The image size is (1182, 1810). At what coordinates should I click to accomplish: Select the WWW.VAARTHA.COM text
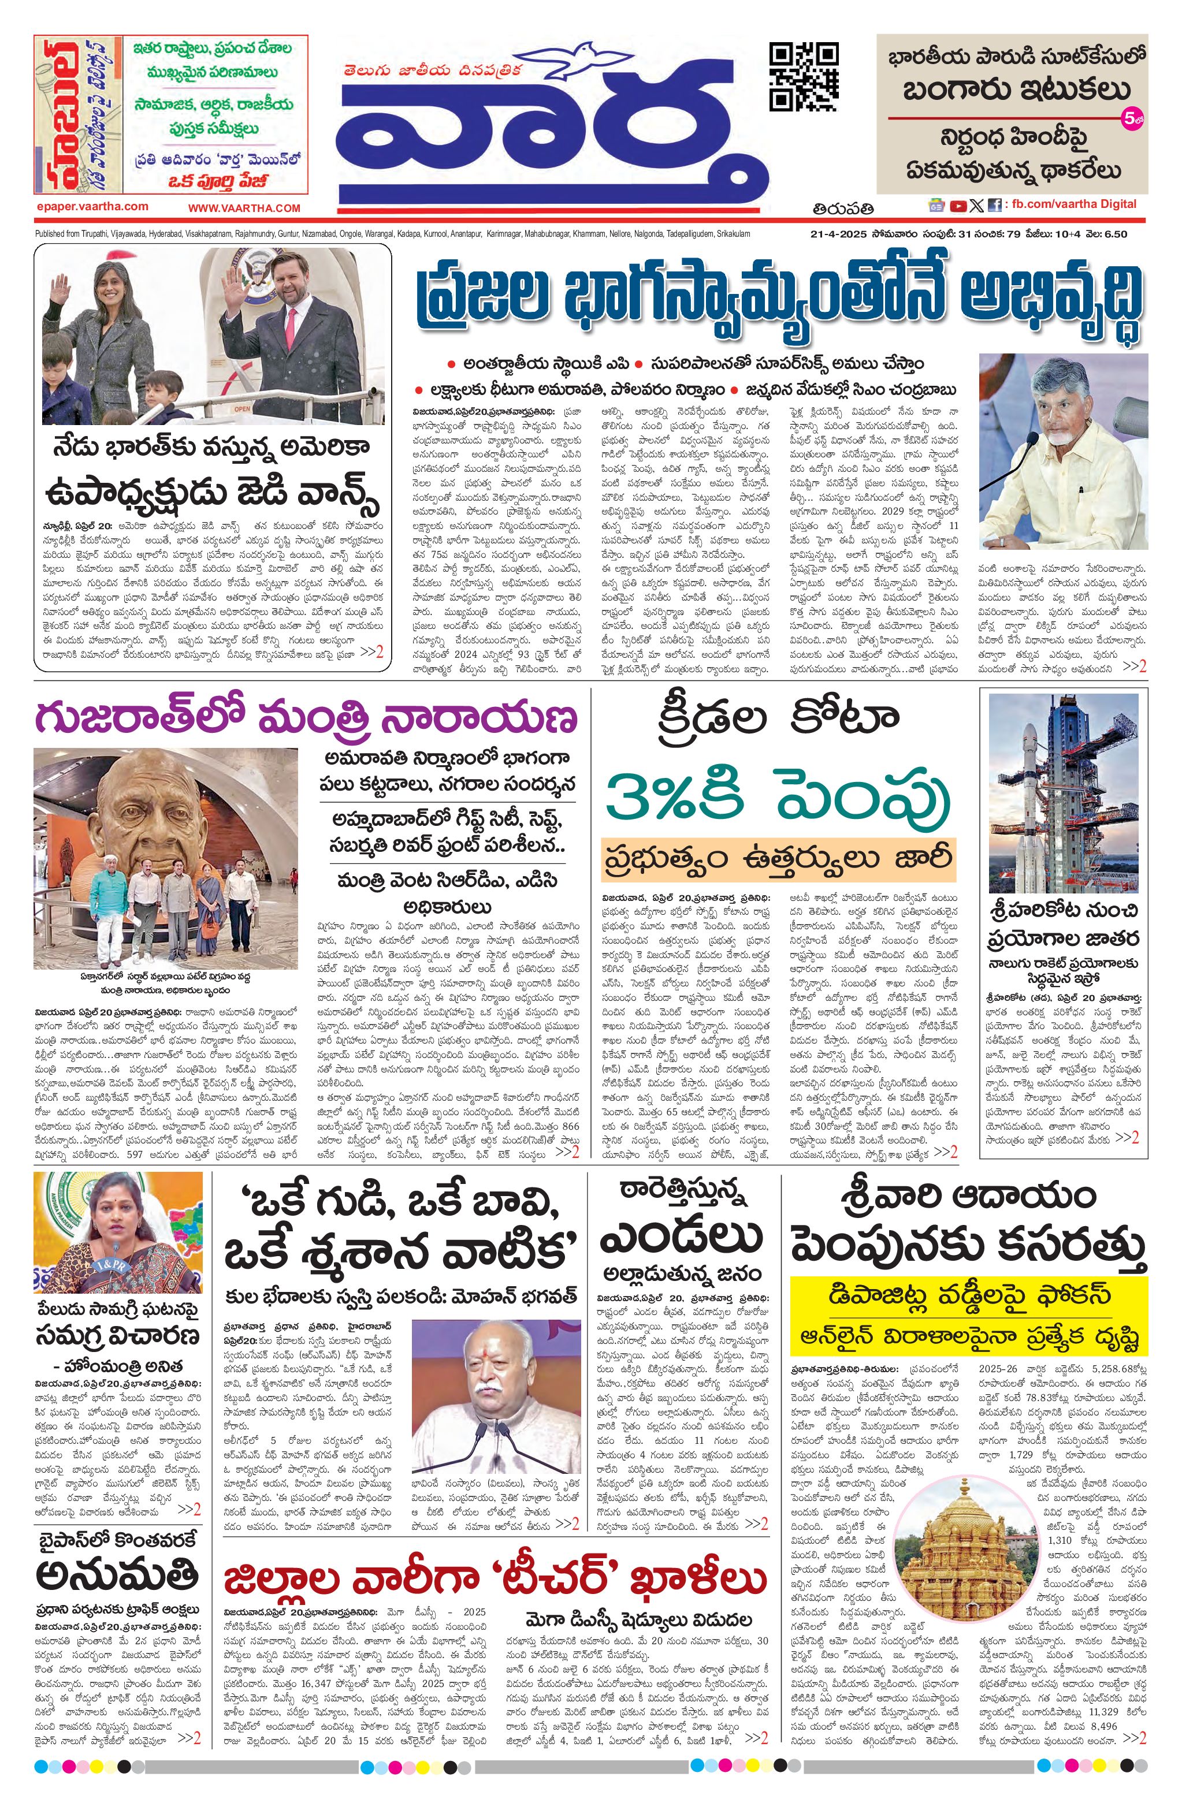pyautogui.click(x=244, y=207)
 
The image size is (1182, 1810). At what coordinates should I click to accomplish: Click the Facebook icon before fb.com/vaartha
pyautogui.click(x=994, y=204)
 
